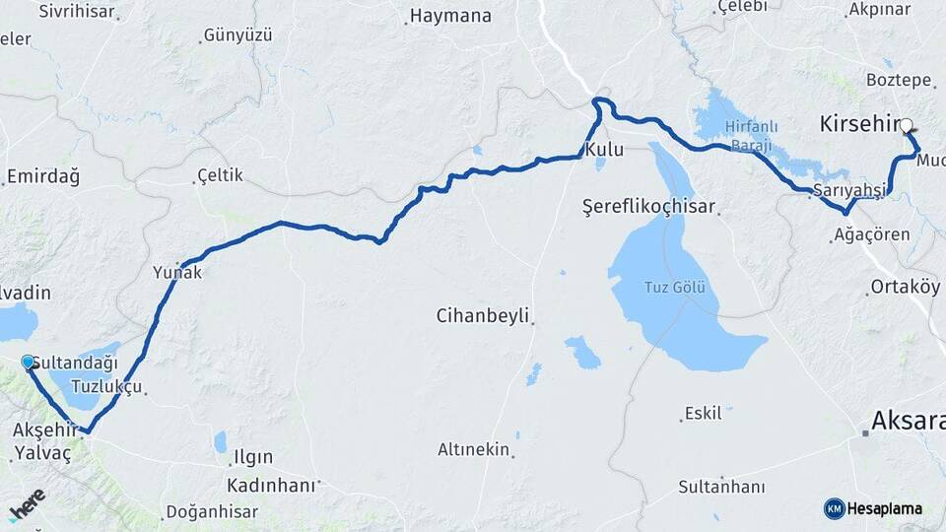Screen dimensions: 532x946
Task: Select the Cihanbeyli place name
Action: (483, 316)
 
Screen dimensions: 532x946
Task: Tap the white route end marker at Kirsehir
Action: (907, 125)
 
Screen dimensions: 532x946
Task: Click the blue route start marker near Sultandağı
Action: (28, 362)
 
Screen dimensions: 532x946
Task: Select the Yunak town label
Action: (177, 273)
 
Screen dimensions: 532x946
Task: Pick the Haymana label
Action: (449, 16)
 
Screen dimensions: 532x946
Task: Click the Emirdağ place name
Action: (42, 176)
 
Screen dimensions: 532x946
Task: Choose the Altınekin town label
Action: (474, 449)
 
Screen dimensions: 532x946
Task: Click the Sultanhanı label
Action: (721, 487)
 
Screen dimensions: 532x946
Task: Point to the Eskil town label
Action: (703, 414)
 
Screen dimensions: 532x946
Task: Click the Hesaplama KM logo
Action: (873, 508)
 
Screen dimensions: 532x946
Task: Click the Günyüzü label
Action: (236, 35)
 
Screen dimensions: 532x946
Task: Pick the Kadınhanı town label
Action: (271, 486)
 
